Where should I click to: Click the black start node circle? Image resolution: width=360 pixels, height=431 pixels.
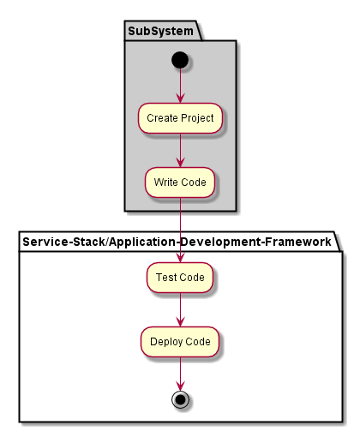coord(180,60)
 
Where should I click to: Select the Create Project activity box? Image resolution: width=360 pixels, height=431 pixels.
coord(180,118)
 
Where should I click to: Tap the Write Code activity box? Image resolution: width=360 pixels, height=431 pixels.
coord(180,183)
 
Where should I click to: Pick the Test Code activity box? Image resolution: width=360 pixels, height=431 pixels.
coord(180,278)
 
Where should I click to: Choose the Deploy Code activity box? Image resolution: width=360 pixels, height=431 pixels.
coord(180,342)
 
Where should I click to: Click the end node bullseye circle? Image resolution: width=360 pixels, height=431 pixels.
coord(180,399)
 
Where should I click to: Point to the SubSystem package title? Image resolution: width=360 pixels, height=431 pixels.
coord(160,31)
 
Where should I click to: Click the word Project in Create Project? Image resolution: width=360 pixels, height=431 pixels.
coord(197,118)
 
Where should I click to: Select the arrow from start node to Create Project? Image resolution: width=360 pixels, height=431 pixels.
coord(180,86)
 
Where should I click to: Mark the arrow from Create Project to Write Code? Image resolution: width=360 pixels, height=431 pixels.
coord(180,150)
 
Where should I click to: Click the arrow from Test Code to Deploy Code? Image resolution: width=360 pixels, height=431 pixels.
coord(180,309)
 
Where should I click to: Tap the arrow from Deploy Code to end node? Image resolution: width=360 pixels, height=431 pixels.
coord(180,374)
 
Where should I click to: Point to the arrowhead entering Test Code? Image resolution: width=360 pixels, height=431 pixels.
coord(180,258)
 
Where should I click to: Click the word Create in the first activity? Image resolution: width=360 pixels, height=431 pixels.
coord(162,118)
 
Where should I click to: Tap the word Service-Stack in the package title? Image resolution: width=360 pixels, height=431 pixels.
coord(63,242)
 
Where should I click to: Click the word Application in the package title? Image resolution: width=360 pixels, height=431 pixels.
coord(142,242)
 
